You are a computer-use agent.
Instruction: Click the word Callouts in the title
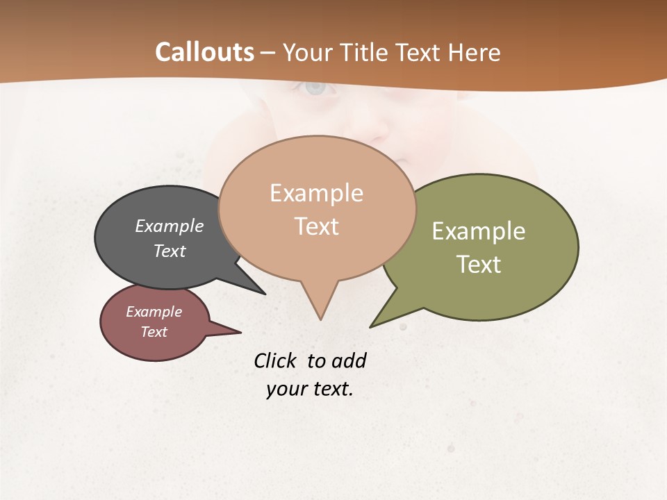204,52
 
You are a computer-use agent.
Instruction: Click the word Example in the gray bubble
170,226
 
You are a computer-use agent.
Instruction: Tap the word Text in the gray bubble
170,251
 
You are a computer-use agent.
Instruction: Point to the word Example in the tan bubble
316,193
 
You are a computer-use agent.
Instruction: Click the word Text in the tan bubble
317,226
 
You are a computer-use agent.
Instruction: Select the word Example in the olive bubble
479,231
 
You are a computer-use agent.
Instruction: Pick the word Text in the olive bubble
479,265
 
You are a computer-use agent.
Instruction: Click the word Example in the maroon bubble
154,312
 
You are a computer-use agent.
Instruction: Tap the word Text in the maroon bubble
154,332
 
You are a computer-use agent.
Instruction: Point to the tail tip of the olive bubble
373,325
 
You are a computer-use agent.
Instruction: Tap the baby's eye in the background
315,87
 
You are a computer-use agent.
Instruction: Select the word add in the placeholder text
349,360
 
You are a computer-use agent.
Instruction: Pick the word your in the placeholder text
285,389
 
